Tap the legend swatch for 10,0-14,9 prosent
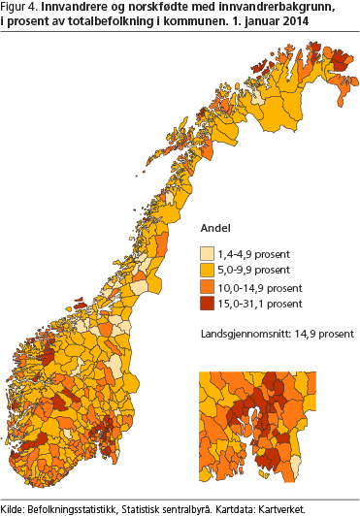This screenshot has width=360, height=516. coord(209,287)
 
